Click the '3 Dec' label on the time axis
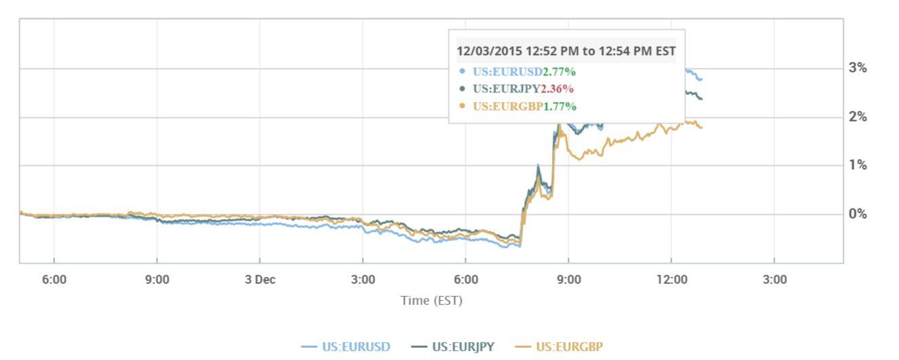pos(259,280)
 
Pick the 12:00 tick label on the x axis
pos(672,280)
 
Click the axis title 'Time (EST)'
pos(431,300)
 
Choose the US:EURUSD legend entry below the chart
pos(346,347)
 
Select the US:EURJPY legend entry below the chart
pos(454,347)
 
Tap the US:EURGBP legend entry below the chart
pos(561,347)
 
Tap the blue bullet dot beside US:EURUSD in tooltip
pos(462,71)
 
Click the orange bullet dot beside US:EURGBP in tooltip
pos(462,107)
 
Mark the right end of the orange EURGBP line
pos(702,127)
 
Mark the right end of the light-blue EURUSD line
pos(702,80)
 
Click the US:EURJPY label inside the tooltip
pos(507,89)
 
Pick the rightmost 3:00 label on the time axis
pos(775,280)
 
